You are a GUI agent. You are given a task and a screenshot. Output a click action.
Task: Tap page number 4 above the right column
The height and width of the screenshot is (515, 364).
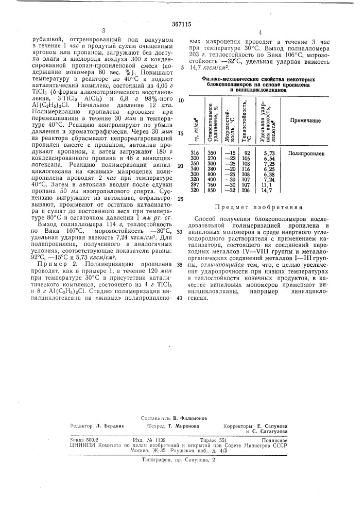click(261, 32)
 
